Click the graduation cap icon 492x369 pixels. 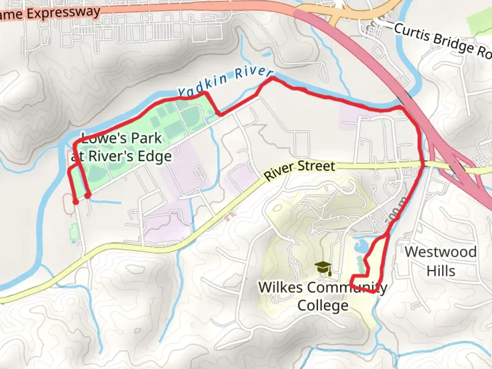323,269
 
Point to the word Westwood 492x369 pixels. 440,252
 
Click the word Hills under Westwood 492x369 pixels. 441,271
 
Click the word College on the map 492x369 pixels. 323,305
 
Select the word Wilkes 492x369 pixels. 280,287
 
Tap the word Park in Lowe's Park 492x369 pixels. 146,138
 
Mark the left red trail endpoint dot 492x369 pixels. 76,202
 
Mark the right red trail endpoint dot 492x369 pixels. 88,195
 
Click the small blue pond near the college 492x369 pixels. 361,245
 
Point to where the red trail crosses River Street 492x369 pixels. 424,166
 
